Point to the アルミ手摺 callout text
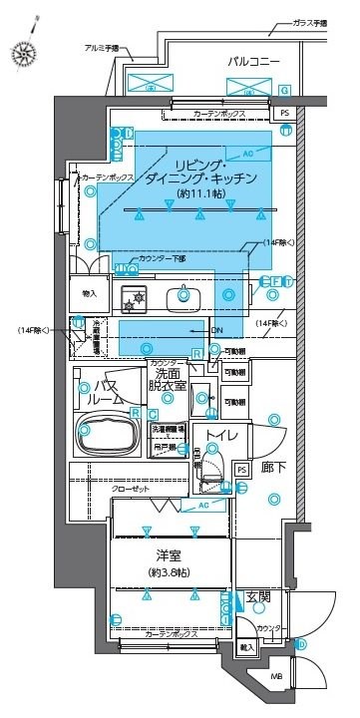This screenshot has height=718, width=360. coord(102,48)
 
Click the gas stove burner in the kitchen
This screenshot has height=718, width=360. coord(134,296)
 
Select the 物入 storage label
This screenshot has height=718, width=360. coord(89,293)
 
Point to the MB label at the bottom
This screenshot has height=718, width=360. coord(275,680)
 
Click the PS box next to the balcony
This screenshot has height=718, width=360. coord(283,114)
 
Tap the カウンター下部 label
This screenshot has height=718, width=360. coord(160,258)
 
